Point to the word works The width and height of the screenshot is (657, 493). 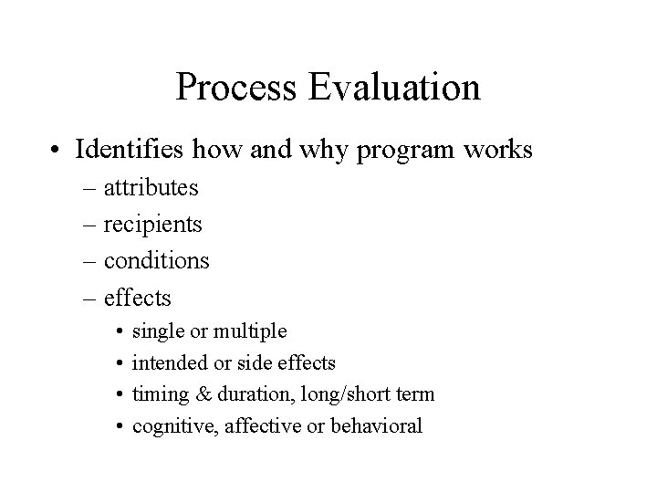click(x=497, y=149)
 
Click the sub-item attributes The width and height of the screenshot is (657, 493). click(x=151, y=188)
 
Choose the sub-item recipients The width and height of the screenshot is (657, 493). click(x=152, y=225)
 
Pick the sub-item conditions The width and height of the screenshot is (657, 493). click(x=156, y=261)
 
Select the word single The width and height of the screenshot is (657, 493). click(x=156, y=331)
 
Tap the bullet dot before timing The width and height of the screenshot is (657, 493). click(x=118, y=394)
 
